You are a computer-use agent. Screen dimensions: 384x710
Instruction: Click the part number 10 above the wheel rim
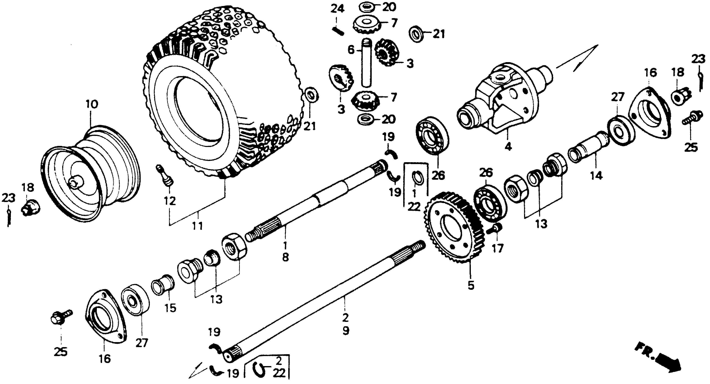[x=92, y=105]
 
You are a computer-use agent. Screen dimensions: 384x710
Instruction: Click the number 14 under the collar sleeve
[x=596, y=176]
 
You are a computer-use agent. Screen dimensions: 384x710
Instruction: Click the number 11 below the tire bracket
[x=197, y=226]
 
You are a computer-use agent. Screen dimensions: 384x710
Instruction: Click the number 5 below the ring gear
[x=471, y=285]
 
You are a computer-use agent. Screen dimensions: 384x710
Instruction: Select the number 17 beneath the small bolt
[x=499, y=248]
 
